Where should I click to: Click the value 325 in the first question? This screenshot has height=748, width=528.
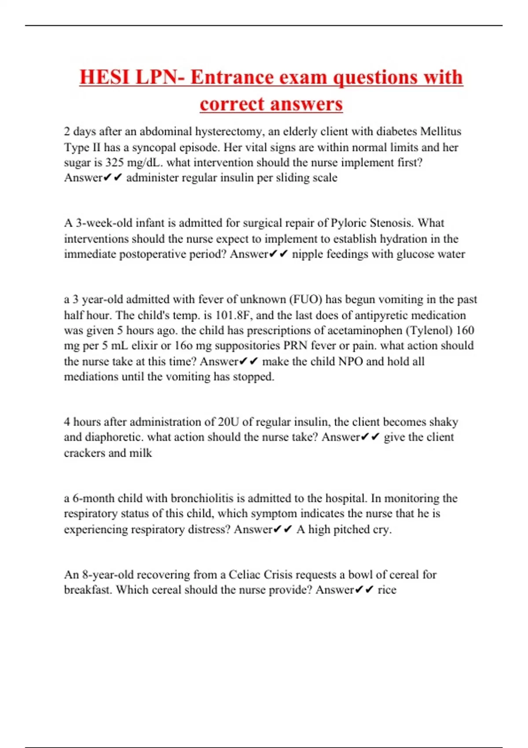click(114, 162)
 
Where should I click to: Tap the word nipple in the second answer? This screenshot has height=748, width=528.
click(307, 254)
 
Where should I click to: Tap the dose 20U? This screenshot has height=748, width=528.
click(228, 422)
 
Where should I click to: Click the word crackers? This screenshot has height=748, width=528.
click(84, 453)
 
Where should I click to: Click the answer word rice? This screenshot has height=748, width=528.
click(387, 590)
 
